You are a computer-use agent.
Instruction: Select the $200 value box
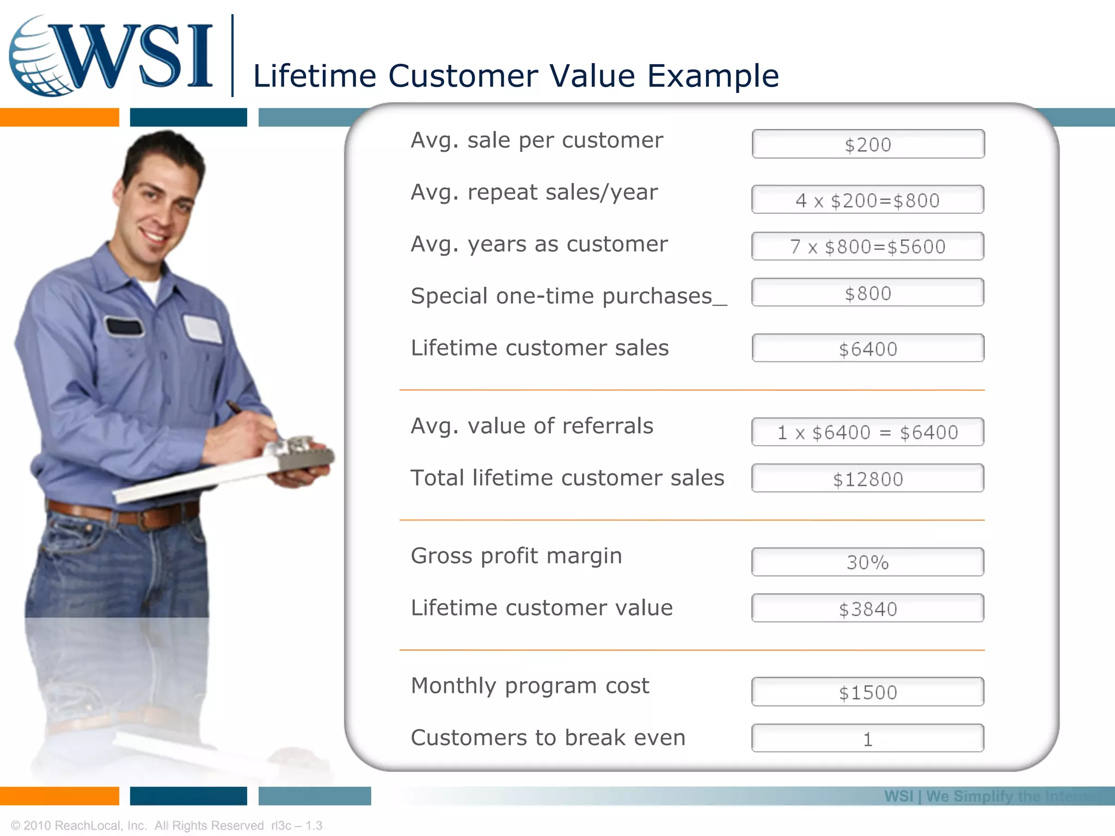pyautogui.click(x=868, y=144)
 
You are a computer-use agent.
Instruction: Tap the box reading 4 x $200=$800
pyautogui.click(x=868, y=200)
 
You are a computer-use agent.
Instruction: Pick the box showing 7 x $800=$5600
pyautogui.click(x=868, y=247)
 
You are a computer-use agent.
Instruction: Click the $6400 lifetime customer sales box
pyautogui.click(x=868, y=348)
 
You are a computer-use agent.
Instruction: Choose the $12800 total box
pyautogui.click(x=868, y=478)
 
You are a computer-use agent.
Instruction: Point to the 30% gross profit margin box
pyautogui.click(x=868, y=562)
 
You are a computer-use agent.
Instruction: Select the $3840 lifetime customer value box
pyautogui.click(x=868, y=608)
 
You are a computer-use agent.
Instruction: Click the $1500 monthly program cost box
pyautogui.click(x=868, y=692)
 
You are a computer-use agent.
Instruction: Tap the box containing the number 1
pyautogui.click(x=868, y=739)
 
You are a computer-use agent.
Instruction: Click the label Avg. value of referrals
pyautogui.click(x=531, y=426)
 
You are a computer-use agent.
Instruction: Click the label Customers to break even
pyautogui.click(x=548, y=738)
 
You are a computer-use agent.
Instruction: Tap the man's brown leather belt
pyautogui.click(x=125, y=515)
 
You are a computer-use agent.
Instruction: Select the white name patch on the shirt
pyautogui.click(x=203, y=329)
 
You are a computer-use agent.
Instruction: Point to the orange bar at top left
pyautogui.click(x=59, y=117)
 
